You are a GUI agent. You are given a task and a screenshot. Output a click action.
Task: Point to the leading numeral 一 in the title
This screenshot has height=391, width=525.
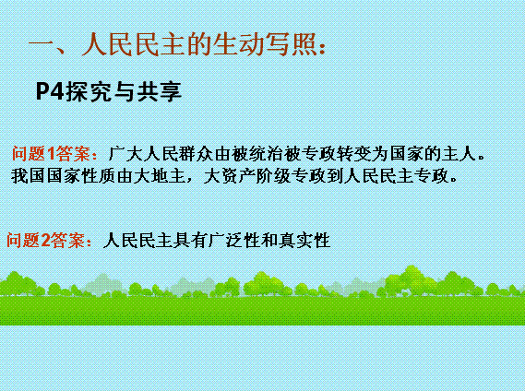pyautogui.click(x=42, y=44)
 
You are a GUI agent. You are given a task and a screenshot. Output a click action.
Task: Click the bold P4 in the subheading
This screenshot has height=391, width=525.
pyautogui.click(x=50, y=91)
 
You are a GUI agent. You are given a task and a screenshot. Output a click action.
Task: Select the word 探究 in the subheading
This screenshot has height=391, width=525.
pyautogui.click(x=88, y=91)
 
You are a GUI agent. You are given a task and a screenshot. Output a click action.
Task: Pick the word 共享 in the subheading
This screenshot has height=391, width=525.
pyautogui.click(x=159, y=91)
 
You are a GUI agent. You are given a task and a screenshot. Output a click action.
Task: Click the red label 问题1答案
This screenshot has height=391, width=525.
pyautogui.click(x=51, y=153)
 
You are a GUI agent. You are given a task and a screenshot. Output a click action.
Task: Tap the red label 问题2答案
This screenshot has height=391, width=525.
pyautogui.click(x=46, y=240)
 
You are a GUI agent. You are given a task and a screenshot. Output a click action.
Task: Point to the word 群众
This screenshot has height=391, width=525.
pyautogui.click(x=197, y=154)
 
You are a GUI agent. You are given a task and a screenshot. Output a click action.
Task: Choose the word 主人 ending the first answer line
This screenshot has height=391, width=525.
pyautogui.click(x=459, y=154)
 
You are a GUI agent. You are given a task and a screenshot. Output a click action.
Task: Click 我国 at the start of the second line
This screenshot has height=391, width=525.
pyautogui.click(x=28, y=176)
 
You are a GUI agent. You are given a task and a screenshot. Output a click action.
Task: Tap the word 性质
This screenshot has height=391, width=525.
pyautogui.click(x=98, y=176)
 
